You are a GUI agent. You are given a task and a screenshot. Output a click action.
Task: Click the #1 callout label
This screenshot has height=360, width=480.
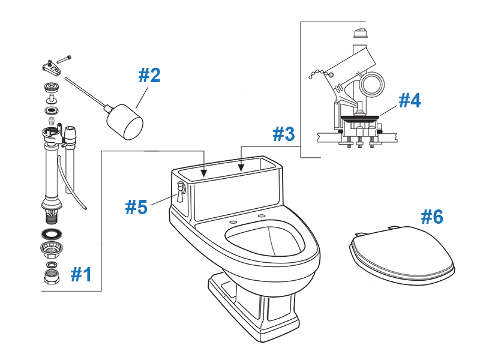pyautogui.click(x=82, y=274)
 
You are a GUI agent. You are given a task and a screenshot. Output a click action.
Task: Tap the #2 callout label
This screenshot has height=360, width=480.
pyautogui.click(x=149, y=76)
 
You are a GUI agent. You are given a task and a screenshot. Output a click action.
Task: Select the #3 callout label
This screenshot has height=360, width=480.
pyautogui.click(x=284, y=134)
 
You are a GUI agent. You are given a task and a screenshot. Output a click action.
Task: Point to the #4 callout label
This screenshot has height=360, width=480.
pyautogui.click(x=409, y=100)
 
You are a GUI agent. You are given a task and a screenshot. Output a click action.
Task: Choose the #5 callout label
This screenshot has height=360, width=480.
pyautogui.click(x=136, y=207)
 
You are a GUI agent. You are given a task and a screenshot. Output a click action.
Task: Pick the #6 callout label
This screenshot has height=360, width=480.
pyautogui.click(x=431, y=217)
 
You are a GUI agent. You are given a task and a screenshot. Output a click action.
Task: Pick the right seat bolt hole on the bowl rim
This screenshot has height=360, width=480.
pyautogui.click(x=262, y=215)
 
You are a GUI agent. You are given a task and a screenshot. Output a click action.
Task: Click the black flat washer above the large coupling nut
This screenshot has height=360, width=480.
pyautogui.click(x=52, y=233)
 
